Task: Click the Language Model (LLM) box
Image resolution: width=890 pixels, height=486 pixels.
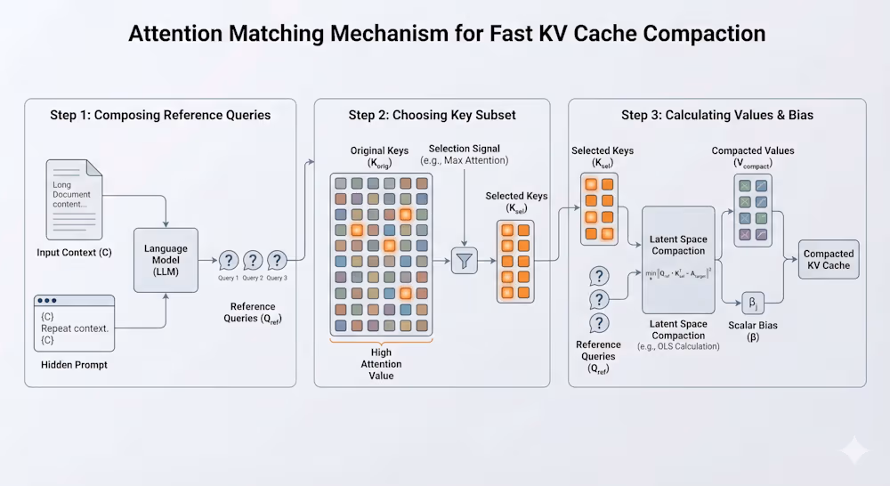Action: tap(166, 259)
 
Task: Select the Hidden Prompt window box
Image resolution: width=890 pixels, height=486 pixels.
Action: tap(74, 321)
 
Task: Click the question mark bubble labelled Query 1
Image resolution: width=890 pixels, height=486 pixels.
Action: tap(229, 260)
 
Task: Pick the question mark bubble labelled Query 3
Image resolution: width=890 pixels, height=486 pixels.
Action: tap(277, 260)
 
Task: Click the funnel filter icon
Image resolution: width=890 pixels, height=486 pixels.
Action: tap(465, 260)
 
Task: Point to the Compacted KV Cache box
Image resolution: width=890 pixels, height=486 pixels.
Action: tap(829, 259)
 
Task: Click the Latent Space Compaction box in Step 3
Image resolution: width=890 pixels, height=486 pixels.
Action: tap(678, 259)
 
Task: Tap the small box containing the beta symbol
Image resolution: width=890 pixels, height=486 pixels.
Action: tap(753, 304)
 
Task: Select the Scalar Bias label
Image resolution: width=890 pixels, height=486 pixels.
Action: tap(755, 331)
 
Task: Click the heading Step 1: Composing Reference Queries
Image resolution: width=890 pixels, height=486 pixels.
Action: tap(160, 115)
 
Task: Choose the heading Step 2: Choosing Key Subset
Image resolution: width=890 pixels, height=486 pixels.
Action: tap(432, 115)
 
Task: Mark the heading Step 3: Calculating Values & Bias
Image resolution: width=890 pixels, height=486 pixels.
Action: tap(716, 115)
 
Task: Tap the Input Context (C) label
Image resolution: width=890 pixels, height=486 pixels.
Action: tap(74, 253)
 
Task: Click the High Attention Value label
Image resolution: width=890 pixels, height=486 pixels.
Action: tap(381, 364)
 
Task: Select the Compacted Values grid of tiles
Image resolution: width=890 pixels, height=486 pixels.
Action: tap(753, 209)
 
